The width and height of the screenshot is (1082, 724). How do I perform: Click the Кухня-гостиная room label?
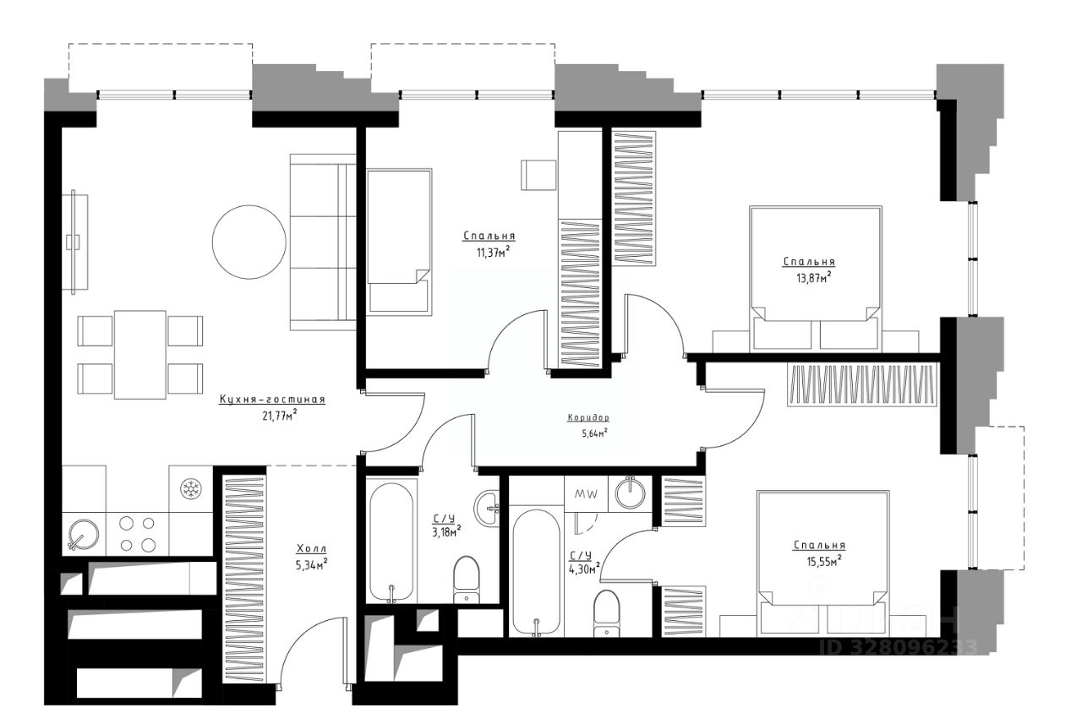(x=272, y=400)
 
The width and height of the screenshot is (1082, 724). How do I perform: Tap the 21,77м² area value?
(x=279, y=415)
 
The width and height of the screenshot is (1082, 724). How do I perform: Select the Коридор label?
(x=588, y=418)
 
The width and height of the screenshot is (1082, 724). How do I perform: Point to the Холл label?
(x=312, y=549)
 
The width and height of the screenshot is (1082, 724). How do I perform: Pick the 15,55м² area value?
(x=823, y=561)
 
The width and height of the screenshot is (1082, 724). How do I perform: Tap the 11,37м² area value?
(x=493, y=252)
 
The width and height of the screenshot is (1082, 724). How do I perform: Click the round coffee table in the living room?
(x=249, y=242)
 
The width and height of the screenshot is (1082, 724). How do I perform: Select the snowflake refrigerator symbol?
(x=190, y=489)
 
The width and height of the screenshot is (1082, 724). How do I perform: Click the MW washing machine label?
(x=586, y=493)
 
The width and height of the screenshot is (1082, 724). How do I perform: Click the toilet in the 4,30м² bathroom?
(x=607, y=613)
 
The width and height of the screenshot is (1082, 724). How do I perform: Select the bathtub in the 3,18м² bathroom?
(x=391, y=543)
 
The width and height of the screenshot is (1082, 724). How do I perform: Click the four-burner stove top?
(x=137, y=534)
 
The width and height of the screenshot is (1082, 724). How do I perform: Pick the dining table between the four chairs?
(x=140, y=355)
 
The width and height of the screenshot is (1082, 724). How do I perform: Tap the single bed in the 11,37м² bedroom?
(x=399, y=242)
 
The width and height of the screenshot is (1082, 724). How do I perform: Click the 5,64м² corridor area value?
(x=594, y=433)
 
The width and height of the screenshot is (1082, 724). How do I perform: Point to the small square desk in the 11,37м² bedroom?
(x=538, y=175)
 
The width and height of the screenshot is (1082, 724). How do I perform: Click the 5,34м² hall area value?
(x=312, y=564)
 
